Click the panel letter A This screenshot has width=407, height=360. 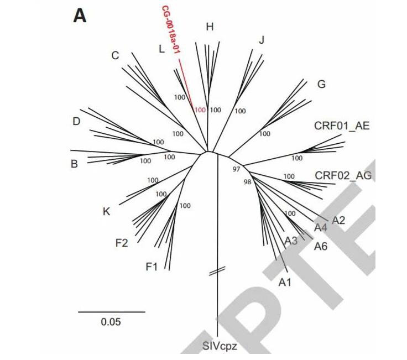pyautogui.click(x=80, y=16)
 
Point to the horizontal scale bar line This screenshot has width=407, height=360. pyautogui.click(x=111, y=312)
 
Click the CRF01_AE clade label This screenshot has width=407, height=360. pyautogui.click(x=341, y=126)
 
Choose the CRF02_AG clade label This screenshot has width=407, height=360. pyautogui.click(x=343, y=175)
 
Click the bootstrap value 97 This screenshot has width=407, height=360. pyautogui.click(x=236, y=169)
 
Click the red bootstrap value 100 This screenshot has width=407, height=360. pyautogui.click(x=200, y=110)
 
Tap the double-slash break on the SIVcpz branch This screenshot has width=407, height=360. pyautogui.click(x=217, y=270)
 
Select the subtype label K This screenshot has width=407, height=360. pyautogui.click(x=107, y=211)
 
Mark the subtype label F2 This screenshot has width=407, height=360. pyautogui.click(x=122, y=242)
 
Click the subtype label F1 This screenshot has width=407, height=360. pyautogui.click(x=152, y=267)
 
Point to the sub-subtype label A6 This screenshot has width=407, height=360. pyautogui.click(x=321, y=246)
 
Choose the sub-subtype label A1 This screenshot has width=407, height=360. pyautogui.click(x=284, y=283)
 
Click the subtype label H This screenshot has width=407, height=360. pyautogui.click(x=209, y=27)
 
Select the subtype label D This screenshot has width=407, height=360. pyautogui.click(x=76, y=122)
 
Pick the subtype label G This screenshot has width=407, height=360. pyautogui.click(x=321, y=85)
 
